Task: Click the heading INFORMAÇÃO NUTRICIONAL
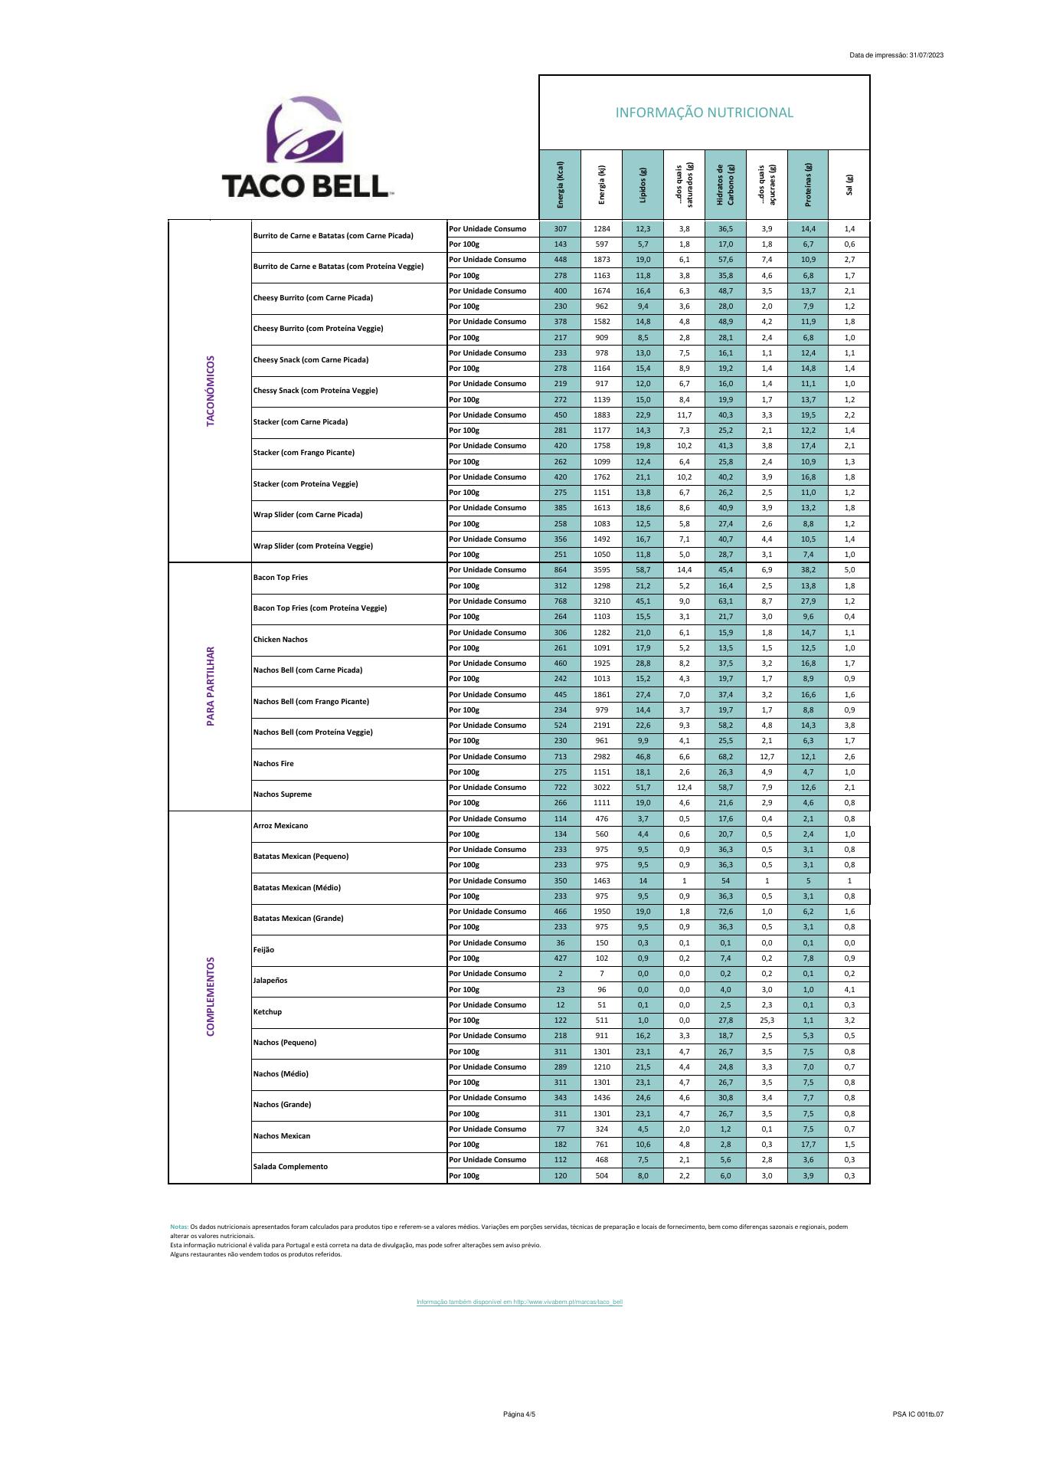pyautogui.click(x=704, y=113)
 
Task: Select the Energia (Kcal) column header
pyautogui.click(x=560, y=185)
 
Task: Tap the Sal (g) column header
pyautogui.click(x=849, y=185)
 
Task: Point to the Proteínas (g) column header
pyautogui.click(x=808, y=185)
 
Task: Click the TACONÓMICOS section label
pyautogui.click(x=211, y=391)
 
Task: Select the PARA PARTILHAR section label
pyautogui.click(x=211, y=686)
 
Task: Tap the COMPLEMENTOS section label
pyautogui.click(x=211, y=996)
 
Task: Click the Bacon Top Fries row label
pyautogui.click(x=280, y=578)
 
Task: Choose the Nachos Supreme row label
pyautogui.click(x=283, y=794)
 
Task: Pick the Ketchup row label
pyautogui.click(x=267, y=1012)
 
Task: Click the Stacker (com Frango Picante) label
pyautogui.click(x=303, y=453)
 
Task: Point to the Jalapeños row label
pyautogui.click(x=270, y=981)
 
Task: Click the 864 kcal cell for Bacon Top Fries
pyautogui.click(x=560, y=570)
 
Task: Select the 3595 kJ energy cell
pyautogui.click(x=601, y=570)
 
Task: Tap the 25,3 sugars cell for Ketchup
pyautogui.click(x=767, y=1021)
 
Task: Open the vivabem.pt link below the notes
pyautogui.click(x=519, y=1302)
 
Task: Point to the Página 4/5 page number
pyautogui.click(x=519, y=1414)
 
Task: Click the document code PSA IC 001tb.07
pyautogui.click(x=917, y=1414)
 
